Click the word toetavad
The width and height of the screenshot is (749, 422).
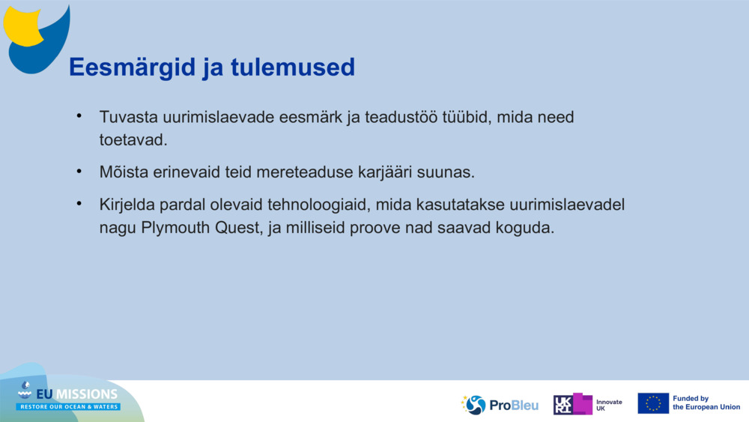pyautogui.click(x=133, y=140)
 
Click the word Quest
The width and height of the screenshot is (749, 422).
pyautogui.click(x=236, y=227)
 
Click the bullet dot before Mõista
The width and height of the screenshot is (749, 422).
pyautogui.click(x=78, y=171)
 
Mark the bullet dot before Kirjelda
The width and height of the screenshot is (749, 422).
pyautogui.click(x=78, y=204)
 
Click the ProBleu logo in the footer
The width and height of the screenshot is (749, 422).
pyautogui.click(x=500, y=405)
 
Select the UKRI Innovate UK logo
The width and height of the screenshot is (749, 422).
pyautogui.click(x=588, y=404)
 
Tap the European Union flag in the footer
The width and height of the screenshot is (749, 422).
pyautogui.click(x=652, y=403)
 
